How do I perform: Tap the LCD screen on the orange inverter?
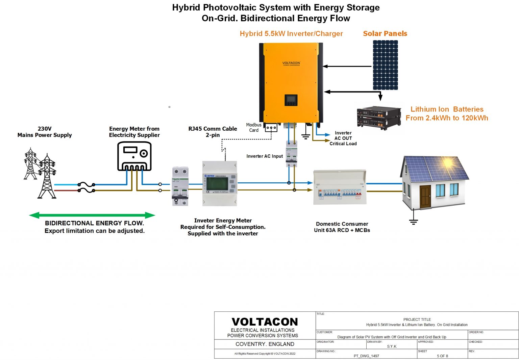point(291,100)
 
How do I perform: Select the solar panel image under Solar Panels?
point(385,65)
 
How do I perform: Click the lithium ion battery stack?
point(379,118)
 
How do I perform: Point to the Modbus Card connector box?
point(271,128)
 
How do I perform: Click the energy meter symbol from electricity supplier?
point(134,156)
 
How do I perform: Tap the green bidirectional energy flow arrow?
point(92,215)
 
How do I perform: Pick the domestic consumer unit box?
point(340,187)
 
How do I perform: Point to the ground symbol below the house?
point(413,221)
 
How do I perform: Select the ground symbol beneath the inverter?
point(305,136)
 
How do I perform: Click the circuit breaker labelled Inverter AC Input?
point(291,154)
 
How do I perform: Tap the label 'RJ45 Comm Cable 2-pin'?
point(213,132)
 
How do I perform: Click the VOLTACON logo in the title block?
point(265,322)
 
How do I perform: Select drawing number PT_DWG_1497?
point(366,356)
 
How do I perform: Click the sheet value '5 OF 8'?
point(442,356)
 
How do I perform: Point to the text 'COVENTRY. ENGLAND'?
point(265,344)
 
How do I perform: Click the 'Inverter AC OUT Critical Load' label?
point(343,138)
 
